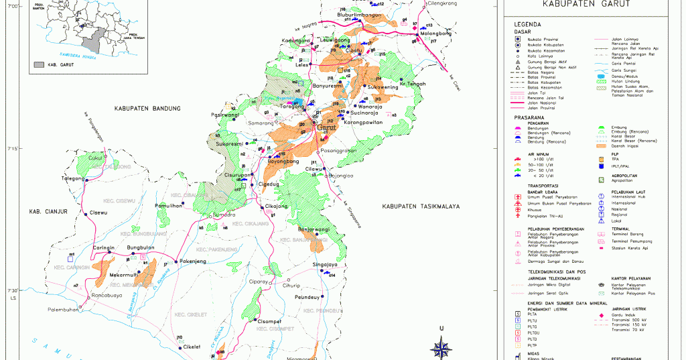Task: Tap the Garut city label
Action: tap(326, 127)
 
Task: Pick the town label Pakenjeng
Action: tap(195, 261)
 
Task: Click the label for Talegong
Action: tap(74, 179)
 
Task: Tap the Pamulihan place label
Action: tap(168, 206)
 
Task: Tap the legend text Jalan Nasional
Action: tap(543, 103)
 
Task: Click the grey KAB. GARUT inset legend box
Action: tap(39, 65)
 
